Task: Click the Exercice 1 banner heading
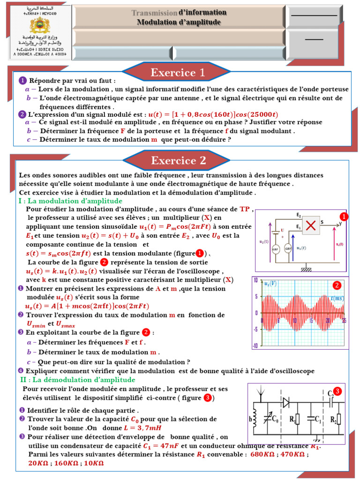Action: pyautogui.click(x=178, y=73)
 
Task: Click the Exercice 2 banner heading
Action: pyautogui.click(x=178, y=161)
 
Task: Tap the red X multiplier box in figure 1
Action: pyautogui.click(x=310, y=226)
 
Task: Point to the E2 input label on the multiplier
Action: pyautogui.click(x=299, y=215)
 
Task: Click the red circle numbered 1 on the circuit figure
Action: pyautogui.click(x=344, y=217)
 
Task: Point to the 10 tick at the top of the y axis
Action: pyautogui.click(x=256, y=280)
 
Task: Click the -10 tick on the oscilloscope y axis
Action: pyautogui.click(x=255, y=345)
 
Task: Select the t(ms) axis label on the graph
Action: pyautogui.click(x=337, y=299)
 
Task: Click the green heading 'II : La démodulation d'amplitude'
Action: pyautogui.click(x=77, y=379)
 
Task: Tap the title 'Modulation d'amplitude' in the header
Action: pyautogui.click(x=179, y=22)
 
